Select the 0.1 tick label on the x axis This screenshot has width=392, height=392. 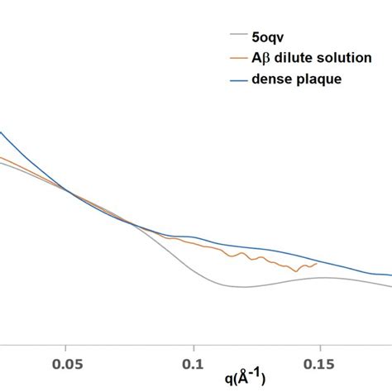point(193,363)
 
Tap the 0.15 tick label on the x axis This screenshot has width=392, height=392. point(319,363)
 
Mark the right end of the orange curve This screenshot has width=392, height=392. point(318,264)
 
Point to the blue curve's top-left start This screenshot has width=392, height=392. point(2,133)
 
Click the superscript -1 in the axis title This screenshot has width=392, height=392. point(260,374)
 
